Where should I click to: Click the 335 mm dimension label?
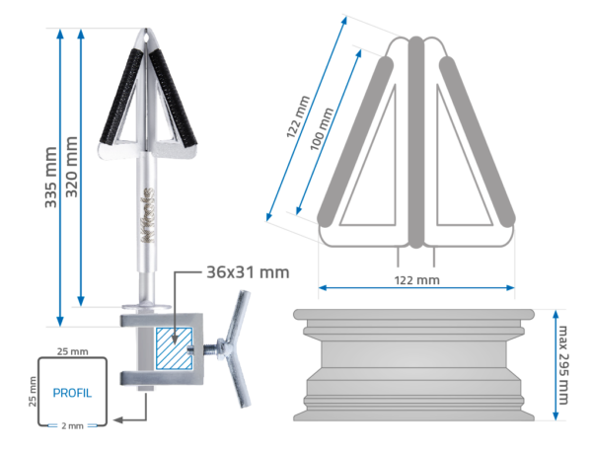[x=50, y=178]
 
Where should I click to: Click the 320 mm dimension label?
[x=71, y=167]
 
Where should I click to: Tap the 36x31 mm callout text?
[x=248, y=272]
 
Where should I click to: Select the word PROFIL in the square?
[x=72, y=393]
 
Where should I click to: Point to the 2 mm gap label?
[x=72, y=426]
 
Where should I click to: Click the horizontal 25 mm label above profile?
[x=72, y=351]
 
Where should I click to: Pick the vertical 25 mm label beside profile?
[x=33, y=392]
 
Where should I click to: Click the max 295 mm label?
[x=562, y=365]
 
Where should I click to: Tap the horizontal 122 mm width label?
[x=416, y=280]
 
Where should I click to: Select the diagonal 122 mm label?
[x=298, y=116]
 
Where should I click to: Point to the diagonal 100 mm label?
[x=322, y=128]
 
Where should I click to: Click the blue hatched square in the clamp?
[x=174, y=348]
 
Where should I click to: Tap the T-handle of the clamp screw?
[x=238, y=348]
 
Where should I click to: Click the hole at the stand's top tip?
[x=146, y=37]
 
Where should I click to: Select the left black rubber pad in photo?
[x=121, y=97]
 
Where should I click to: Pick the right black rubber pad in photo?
[x=174, y=98]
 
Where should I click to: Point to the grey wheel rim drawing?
[x=413, y=365]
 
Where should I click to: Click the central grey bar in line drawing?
[x=416, y=142]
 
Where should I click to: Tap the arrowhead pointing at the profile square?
[x=117, y=419]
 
